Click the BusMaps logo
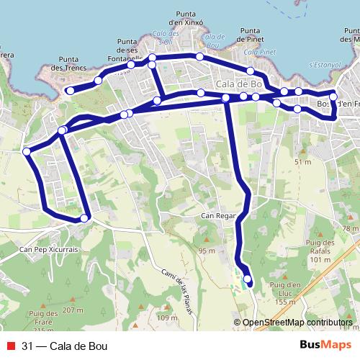[x=325, y=346]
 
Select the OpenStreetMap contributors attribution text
[x=297, y=323]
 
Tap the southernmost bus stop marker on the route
[x=248, y=279]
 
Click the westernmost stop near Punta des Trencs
[x=70, y=90]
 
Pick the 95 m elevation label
[x=207, y=250]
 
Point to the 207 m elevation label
[x=73, y=310]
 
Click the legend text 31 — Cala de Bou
[x=66, y=346]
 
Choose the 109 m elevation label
[x=166, y=318]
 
